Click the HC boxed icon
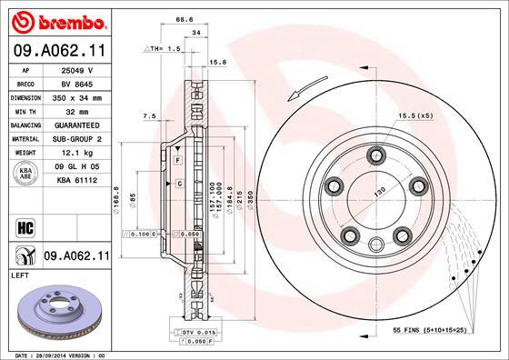(25, 226)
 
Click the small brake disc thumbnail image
(59, 311)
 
